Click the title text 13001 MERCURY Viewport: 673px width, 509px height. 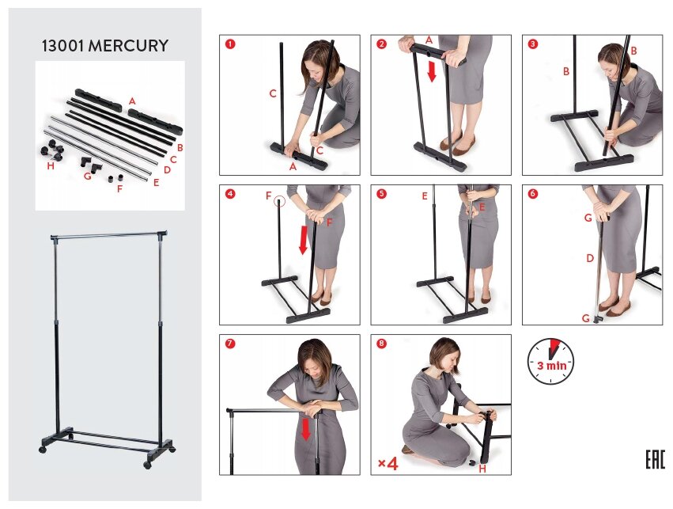104,46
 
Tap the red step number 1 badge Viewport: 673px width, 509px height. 230,44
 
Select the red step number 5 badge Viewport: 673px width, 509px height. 381,194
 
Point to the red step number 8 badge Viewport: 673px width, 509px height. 381,344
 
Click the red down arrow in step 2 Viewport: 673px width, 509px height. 432,71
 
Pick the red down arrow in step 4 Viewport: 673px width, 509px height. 304,240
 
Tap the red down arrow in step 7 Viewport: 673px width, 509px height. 305,430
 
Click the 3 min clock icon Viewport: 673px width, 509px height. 550,361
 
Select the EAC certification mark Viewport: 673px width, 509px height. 656,460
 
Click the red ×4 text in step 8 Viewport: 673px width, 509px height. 388,463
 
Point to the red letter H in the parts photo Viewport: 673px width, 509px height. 51,165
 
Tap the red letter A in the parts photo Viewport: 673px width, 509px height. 132,101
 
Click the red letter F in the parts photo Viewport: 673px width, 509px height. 119,188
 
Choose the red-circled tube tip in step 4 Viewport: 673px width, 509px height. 279,200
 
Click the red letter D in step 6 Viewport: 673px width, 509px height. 590,258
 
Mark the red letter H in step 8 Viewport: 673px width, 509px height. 482,469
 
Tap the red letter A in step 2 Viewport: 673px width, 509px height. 429,40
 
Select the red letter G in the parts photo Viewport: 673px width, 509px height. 88,176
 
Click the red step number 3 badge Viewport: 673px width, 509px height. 533,44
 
